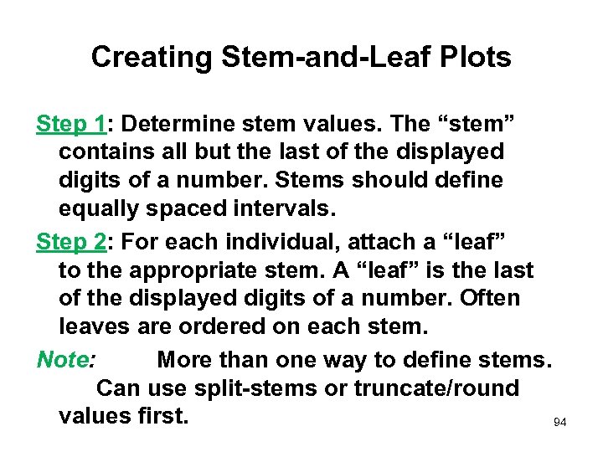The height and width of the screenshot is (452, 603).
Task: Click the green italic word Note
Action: click(x=64, y=360)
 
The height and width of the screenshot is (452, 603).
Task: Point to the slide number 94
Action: click(x=560, y=423)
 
